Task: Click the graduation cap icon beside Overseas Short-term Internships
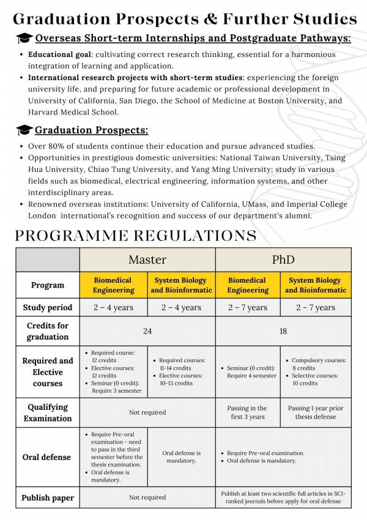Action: click(24, 39)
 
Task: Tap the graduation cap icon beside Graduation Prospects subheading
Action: click(24, 130)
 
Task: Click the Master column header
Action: click(147, 259)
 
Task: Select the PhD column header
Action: click(283, 259)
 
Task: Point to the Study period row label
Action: click(48, 307)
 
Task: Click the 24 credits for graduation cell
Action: click(147, 331)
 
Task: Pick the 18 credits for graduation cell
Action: click(283, 331)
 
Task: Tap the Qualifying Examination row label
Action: click(48, 412)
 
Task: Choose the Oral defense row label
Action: click(48, 457)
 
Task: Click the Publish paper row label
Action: click(48, 497)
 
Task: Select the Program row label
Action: click(48, 285)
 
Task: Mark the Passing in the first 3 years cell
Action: click(249, 412)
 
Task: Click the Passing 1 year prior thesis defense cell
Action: click(316, 412)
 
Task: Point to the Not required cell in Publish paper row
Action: click(147, 497)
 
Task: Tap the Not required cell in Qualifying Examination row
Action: click(147, 412)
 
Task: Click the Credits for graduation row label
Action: click(48, 331)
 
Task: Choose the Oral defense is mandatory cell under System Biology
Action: click(182, 457)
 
